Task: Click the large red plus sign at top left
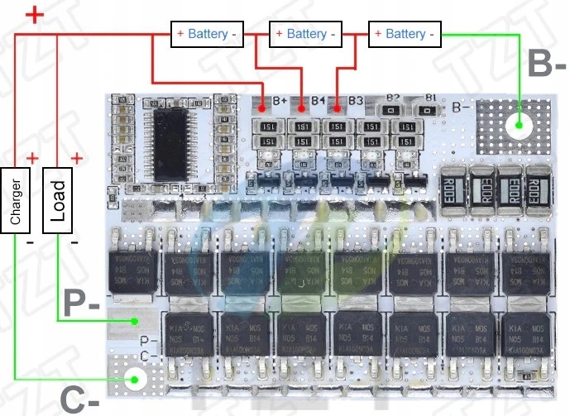(x=34, y=16)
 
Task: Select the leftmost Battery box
(x=207, y=34)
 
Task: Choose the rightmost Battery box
(x=405, y=34)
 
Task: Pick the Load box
(x=56, y=200)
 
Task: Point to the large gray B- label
(x=548, y=65)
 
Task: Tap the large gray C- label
(x=80, y=400)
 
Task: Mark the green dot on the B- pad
(x=519, y=127)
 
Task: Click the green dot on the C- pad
(x=133, y=380)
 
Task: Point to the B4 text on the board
(x=319, y=100)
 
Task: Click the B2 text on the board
(x=392, y=97)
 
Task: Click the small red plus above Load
(x=76, y=157)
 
